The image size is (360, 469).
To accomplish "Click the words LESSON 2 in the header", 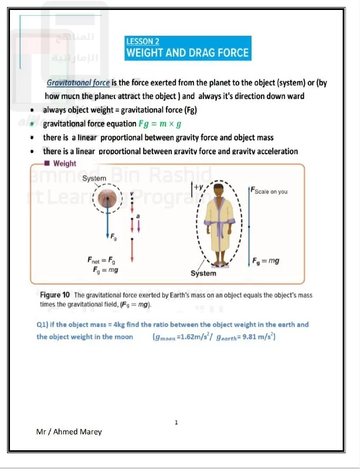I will pos(143,41).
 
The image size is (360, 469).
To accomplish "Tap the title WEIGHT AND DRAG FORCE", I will pos(188,53).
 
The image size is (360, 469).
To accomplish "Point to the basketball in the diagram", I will pos(107,200).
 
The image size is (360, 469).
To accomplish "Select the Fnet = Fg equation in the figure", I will pos(103,260).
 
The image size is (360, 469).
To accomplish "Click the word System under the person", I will pos(203,273).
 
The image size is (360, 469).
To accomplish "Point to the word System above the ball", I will pos(94,178).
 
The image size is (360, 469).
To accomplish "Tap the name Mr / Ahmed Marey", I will pos(69,431).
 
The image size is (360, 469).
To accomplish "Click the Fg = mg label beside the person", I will pos(265,260).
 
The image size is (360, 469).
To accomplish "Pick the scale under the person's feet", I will pos(220,263).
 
